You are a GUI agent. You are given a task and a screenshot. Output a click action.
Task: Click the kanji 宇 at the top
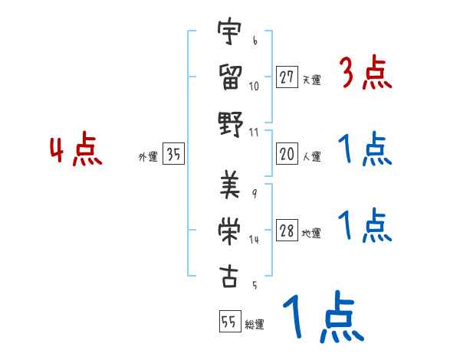point(228,34)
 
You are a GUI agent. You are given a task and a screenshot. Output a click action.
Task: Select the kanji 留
point(228,77)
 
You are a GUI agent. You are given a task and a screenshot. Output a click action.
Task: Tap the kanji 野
point(228,123)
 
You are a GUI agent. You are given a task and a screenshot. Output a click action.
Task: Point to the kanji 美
point(228,185)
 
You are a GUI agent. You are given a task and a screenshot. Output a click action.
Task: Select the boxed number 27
point(287,77)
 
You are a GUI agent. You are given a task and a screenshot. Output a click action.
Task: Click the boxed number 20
point(287,154)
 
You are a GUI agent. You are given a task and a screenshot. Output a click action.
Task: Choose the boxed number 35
point(173,155)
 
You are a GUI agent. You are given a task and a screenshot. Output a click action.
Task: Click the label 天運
point(312,80)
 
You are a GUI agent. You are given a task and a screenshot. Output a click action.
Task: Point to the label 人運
point(312,156)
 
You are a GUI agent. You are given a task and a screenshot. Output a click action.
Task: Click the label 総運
point(255,325)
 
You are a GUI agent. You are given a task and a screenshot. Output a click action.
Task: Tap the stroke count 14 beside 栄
point(254,239)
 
